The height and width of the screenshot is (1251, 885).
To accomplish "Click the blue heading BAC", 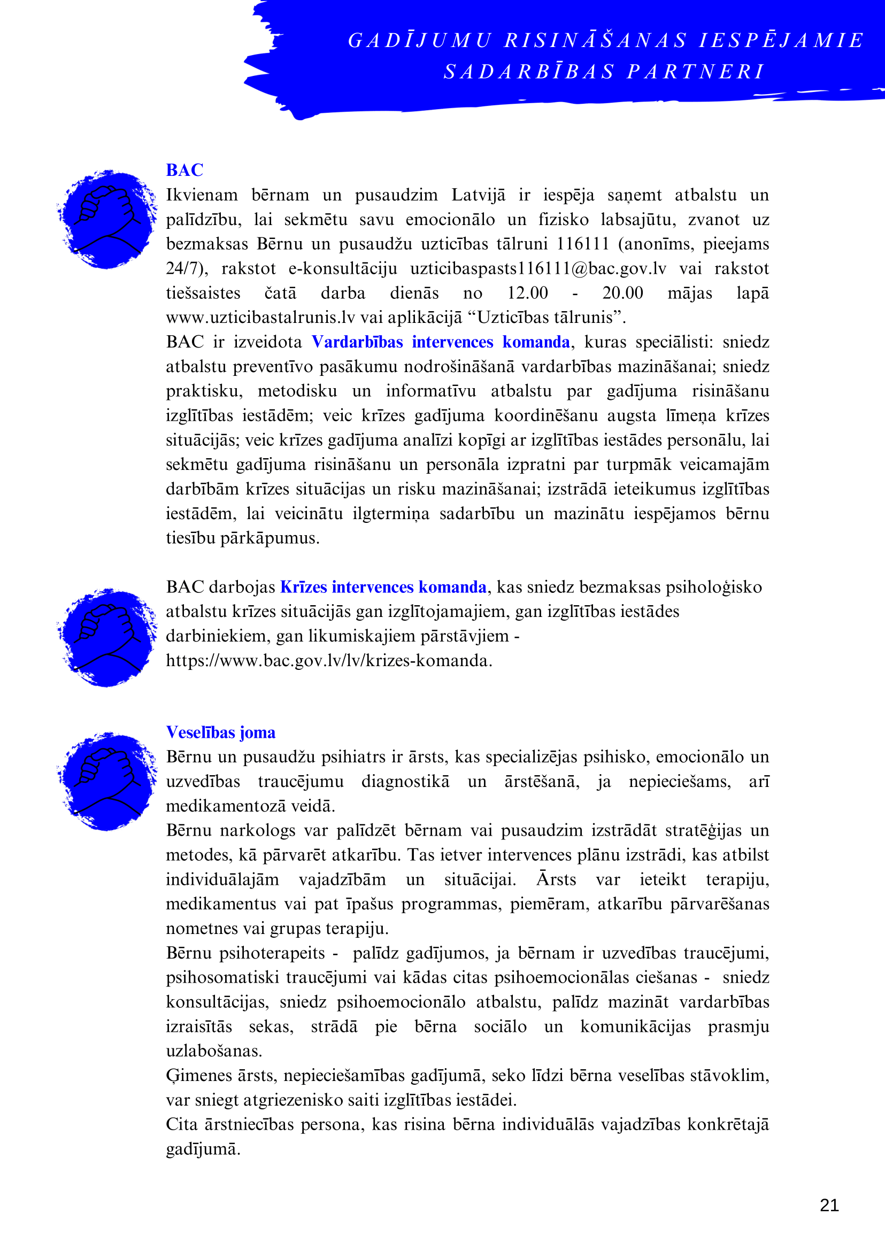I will tap(184, 170).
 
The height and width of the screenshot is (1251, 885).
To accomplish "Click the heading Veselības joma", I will tap(221, 732).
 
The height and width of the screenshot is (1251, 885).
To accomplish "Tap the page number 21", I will tap(829, 1204).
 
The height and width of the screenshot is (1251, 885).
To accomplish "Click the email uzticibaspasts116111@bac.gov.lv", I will tap(538, 268).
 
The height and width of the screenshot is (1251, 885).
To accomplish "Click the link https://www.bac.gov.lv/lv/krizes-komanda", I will tap(329, 660).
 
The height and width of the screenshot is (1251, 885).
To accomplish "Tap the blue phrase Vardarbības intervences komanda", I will tap(441, 342).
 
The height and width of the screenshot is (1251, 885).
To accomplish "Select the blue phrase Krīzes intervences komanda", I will tap(383, 587).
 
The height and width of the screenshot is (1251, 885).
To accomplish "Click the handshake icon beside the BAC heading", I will tap(107, 219).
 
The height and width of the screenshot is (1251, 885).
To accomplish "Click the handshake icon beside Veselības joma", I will tap(107, 781).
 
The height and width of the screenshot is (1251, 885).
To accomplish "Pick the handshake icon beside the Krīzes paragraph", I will tap(107, 637).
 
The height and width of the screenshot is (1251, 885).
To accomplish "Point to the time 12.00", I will tap(527, 293).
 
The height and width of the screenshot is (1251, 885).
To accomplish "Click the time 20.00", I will tap(622, 293).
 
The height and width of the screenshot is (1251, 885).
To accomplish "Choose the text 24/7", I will tap(184, 268).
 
